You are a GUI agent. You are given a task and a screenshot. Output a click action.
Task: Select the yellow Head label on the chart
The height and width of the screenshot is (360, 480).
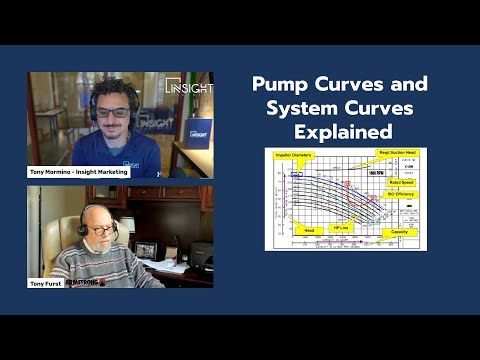(309, 229)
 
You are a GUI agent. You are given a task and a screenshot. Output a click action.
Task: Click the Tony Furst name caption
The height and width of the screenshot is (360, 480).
(48, 282)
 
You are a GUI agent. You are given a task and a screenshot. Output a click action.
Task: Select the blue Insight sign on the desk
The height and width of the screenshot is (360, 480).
(199, 132)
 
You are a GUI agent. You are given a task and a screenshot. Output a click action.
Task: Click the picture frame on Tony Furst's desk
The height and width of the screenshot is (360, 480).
(146, 250)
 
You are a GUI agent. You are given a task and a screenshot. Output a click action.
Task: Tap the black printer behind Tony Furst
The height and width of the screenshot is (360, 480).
(201, 255)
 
